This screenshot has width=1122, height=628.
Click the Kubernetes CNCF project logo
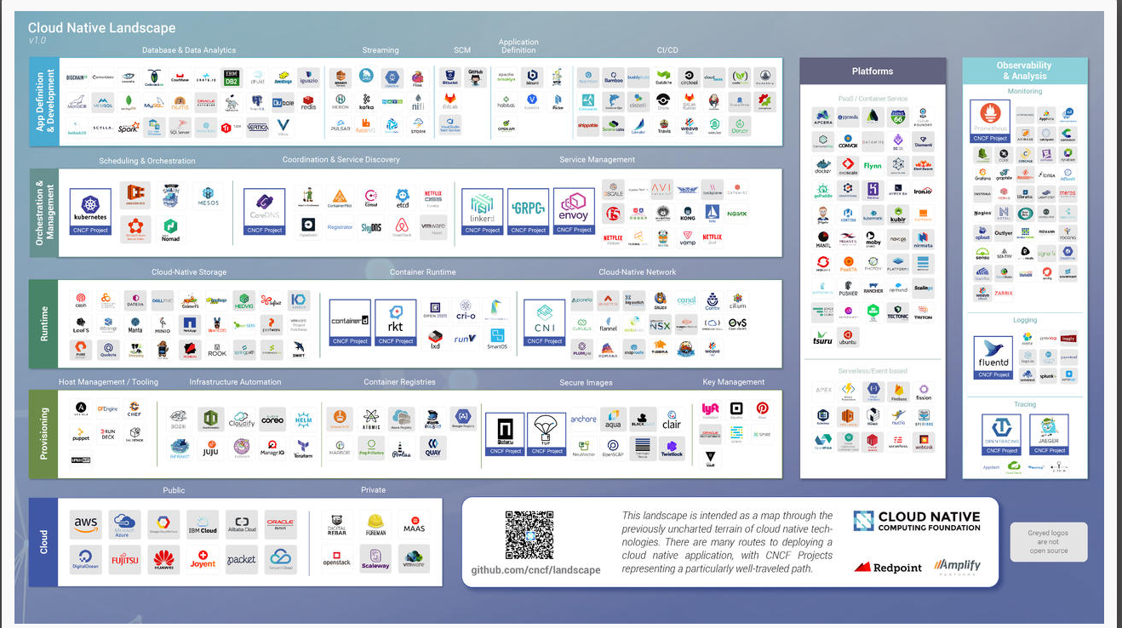click(x=90, y=209)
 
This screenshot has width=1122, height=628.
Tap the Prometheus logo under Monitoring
click(x=990, y=120)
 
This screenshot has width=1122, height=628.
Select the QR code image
click(x=530, y=534)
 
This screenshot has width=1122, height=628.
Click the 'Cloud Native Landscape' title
click(x=101, y=28)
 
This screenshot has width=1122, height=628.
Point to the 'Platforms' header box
click(x=873, y=71)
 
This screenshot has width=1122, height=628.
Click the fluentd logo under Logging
click(x=994, y=357)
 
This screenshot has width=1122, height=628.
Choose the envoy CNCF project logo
click(x=573, y=209)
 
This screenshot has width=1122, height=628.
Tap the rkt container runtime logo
click(x=395, y=321)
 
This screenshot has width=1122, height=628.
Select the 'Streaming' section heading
click(x=381, y=50)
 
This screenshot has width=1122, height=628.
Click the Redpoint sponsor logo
click(x=889, y=567)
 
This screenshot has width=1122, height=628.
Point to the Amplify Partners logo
click(x=957, y=566)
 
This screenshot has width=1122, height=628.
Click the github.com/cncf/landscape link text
click(x=535, y=569)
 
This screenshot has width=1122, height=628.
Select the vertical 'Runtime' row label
click(x=43, y=324)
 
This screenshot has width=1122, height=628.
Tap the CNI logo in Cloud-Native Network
click(x=544, y=321)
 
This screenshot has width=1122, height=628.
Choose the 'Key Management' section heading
click(x=733, y=382)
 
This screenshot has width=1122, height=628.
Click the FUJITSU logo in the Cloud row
click(x=124, y=560)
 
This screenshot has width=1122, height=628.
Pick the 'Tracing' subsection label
click(x=1025, y=404)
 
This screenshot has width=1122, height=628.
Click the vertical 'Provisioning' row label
click(x=43, y=433)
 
